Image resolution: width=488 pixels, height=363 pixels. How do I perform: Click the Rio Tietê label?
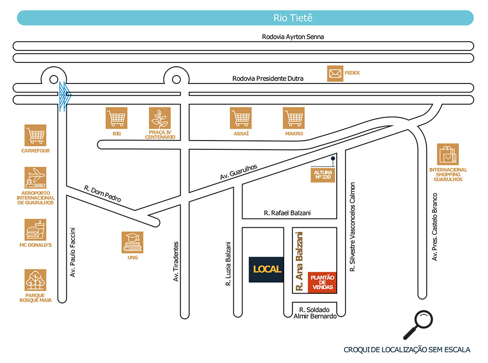pos(293,18)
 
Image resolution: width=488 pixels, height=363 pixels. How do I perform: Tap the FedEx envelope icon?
pos(335,74)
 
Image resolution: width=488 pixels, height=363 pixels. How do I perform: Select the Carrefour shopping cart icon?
pos(36,135)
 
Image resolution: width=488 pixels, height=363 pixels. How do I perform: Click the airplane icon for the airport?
pos(36,178)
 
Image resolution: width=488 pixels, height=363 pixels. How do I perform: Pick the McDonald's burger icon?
pos(36,230)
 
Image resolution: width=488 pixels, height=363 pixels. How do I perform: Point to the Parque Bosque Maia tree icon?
pos(36,280)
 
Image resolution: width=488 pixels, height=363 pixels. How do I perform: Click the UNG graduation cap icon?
pos(133,242)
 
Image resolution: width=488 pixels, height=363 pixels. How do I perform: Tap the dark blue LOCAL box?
pos(266,270)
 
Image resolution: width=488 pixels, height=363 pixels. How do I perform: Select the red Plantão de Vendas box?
pos(323,282)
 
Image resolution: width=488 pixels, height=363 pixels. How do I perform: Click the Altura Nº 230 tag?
pos(323,175)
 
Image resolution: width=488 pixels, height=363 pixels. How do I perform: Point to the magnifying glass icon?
pos(418,325)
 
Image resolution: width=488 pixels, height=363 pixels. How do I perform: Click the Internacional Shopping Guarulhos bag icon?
pos(448,154)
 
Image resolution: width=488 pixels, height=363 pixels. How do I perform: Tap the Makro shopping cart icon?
pos(294,118)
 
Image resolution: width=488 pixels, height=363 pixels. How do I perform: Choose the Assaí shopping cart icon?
pos(241,118)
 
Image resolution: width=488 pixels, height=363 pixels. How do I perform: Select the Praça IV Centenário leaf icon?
pos(160,118)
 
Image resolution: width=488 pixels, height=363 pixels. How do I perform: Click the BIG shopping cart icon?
pos(117,118)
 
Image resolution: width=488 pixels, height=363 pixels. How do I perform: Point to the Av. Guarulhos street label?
pos(239,172)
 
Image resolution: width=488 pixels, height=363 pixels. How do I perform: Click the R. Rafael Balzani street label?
pos(287,213)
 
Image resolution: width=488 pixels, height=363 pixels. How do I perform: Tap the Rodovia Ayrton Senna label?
pos(293,37)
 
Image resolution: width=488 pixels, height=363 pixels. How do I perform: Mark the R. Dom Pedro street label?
pos(102,193)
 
